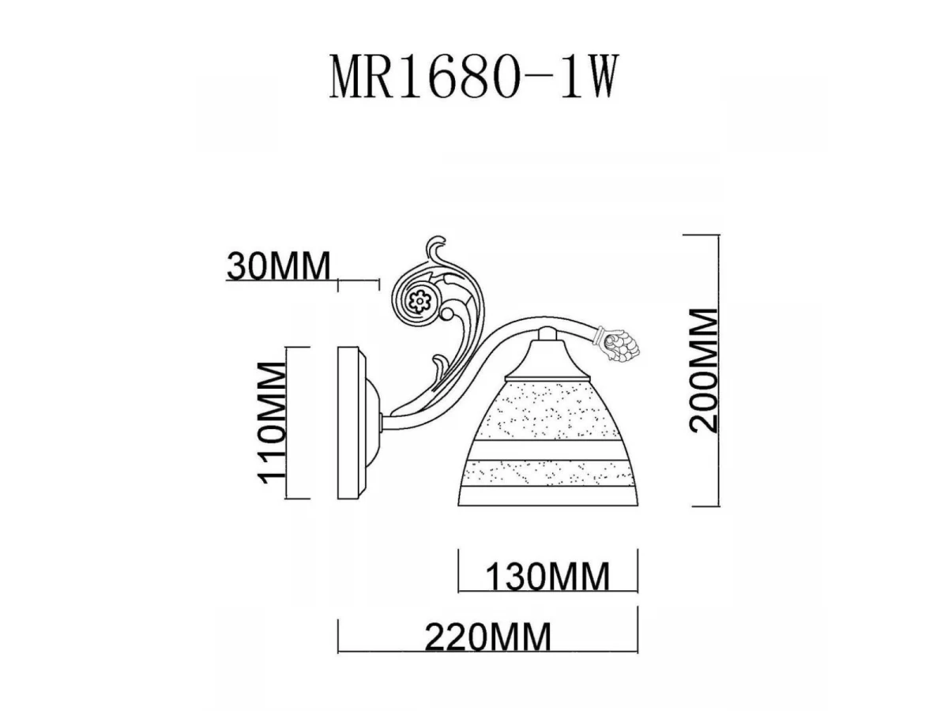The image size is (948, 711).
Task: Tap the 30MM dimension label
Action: click(x=278, y=266)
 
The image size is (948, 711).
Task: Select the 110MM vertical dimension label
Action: click(x=272, y=423)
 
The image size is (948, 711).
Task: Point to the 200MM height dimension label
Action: click(x=703, y=371)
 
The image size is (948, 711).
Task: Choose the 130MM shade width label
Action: click(x=547, y=576)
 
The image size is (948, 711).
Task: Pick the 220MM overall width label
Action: click(x=488, y=636)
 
